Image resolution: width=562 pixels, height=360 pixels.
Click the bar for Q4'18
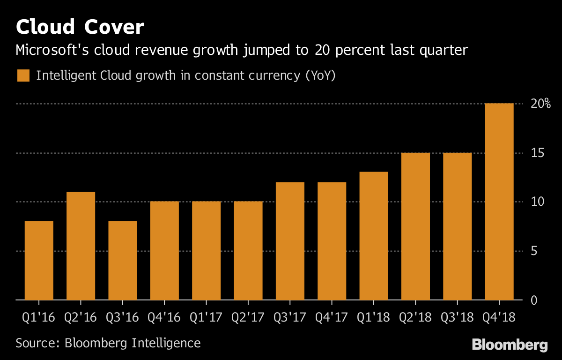[499, 202]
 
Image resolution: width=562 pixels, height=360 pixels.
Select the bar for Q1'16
[39, 261]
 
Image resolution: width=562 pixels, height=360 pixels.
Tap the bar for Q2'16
[81, 246]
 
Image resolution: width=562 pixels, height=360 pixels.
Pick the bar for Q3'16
[123, 261]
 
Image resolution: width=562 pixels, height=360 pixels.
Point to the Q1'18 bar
[374, 236]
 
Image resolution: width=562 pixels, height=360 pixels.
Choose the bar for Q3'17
[290, 241]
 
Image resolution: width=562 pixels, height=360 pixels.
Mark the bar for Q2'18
[415, 226]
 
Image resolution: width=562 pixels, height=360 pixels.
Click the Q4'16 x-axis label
[164, 317]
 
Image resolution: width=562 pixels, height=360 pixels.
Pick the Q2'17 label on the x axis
[248, 317]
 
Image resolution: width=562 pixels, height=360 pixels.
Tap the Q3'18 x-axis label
[457, 317]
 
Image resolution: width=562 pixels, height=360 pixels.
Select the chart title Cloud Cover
[80, 27]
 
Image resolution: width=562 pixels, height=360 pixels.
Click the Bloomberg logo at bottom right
[510, 345]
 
